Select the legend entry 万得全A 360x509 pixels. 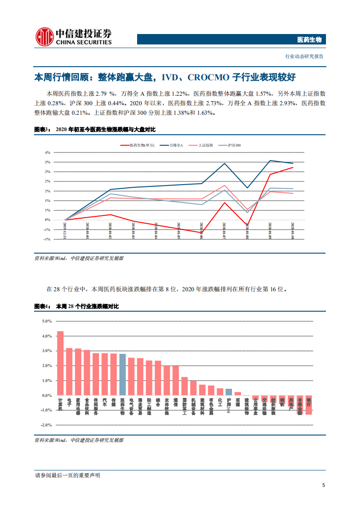(176, 145)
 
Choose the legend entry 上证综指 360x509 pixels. (205, 145)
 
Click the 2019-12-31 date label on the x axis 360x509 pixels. (65, 231)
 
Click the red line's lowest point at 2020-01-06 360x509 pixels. (201, 233)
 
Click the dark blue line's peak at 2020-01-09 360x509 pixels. (270, 161)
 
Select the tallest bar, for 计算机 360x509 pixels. (60, 363)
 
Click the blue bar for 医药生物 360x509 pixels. (122, 374)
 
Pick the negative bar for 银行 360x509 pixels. (309, 405)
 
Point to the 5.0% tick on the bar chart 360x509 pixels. (47, 321)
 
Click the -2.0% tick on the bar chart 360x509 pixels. (46, 425)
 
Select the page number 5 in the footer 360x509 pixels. (323, 485)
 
